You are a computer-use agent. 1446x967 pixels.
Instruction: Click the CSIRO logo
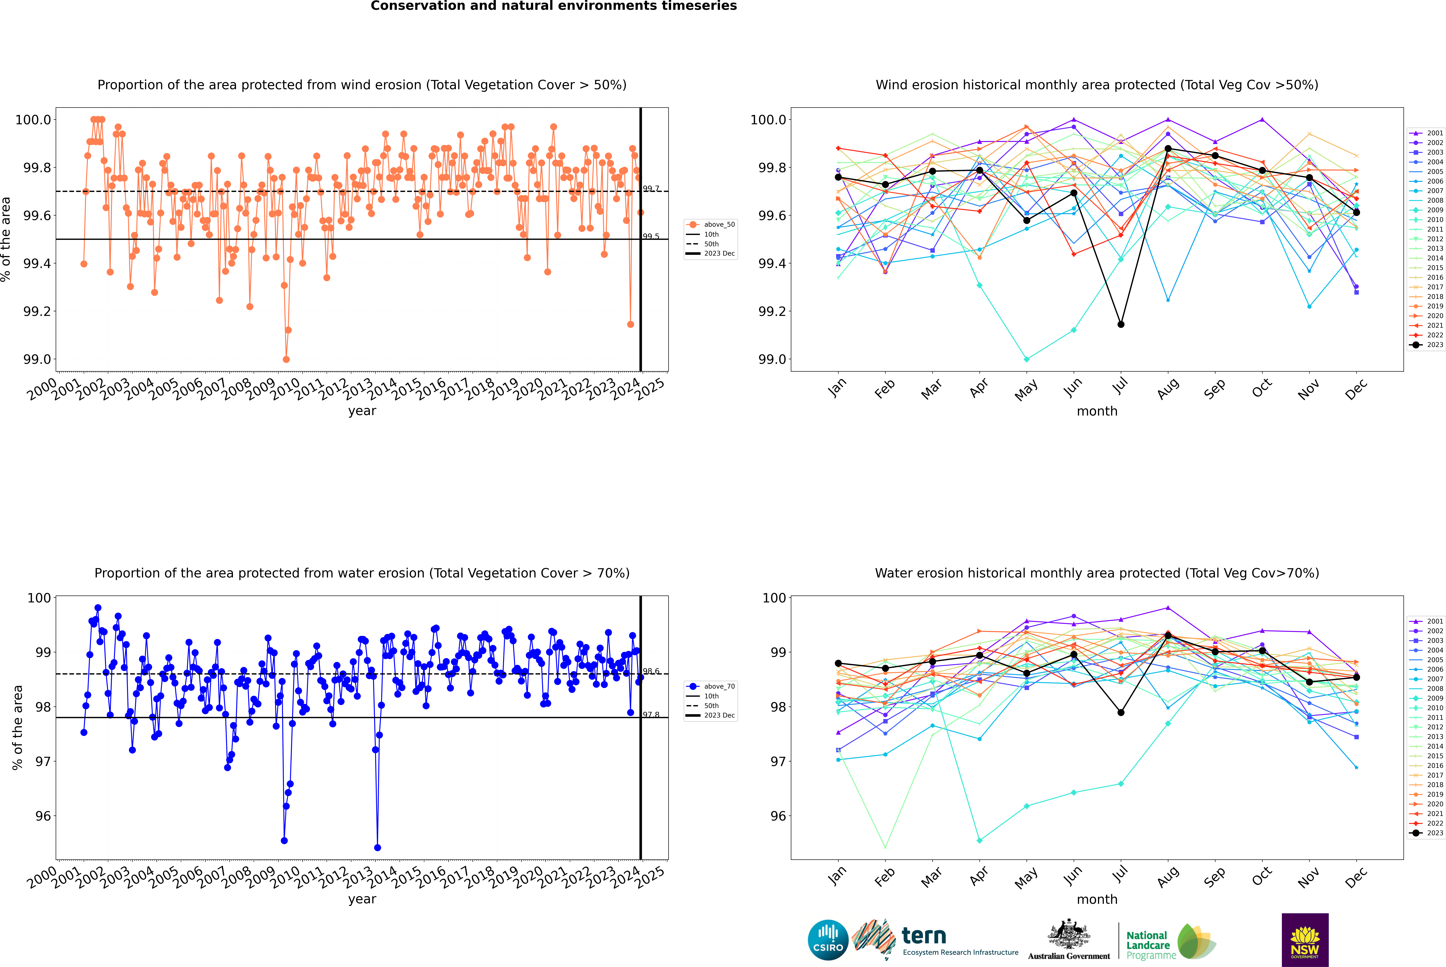click(828, 940)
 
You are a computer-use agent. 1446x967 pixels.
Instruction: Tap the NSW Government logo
click(1305, 940)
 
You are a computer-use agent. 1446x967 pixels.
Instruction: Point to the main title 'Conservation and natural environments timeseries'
click(553, 6)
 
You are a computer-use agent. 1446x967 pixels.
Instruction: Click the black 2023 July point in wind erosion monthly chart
click(1120, 324)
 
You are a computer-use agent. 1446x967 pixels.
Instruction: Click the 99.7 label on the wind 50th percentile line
click(651, 189)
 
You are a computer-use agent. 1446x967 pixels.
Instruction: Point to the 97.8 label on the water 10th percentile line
click(651, 715)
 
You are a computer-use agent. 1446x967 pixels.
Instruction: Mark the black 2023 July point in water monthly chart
click(1120, 712)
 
